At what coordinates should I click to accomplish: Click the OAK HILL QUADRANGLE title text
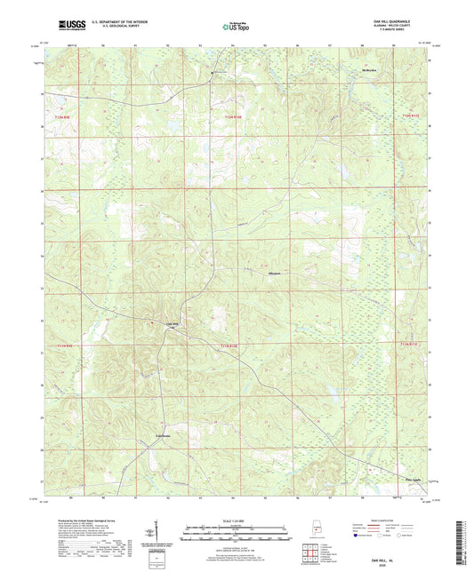(x=405, y=23)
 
